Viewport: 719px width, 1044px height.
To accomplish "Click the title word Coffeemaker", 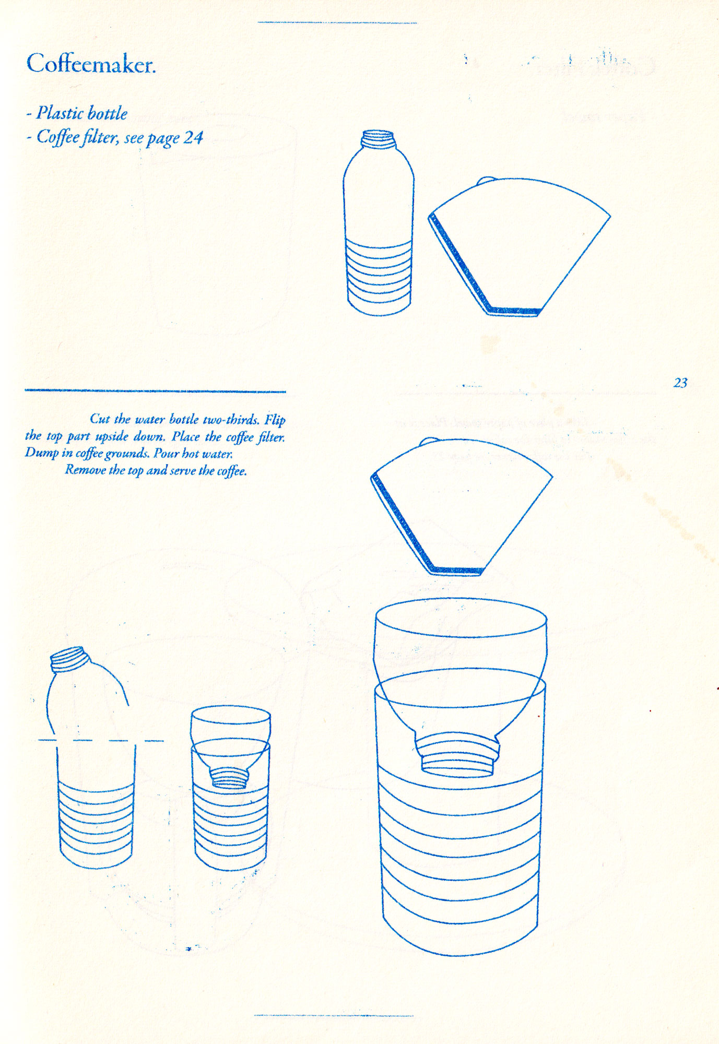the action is pos(91,64).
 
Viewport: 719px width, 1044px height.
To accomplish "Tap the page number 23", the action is pos(680,383).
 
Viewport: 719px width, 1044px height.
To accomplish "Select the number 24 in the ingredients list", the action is pos(193,137).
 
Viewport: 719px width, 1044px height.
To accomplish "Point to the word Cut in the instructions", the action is pos(100,419).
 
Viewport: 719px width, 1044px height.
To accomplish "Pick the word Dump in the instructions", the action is pos(42,453).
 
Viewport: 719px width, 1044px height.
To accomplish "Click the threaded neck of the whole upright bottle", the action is pos(378,138).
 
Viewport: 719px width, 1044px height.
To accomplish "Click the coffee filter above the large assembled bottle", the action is pos(462,507).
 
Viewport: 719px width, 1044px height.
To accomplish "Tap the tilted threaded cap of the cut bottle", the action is pos(68,658).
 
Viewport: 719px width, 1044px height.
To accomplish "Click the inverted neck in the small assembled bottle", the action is pos(230,777).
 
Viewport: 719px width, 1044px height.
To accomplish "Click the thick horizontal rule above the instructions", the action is pos(155,390).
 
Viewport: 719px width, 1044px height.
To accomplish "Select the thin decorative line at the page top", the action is pos(337,22).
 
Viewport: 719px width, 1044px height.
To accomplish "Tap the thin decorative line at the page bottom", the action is pos(334,1015).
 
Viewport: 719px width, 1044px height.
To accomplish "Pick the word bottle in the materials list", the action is pos(108,113).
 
